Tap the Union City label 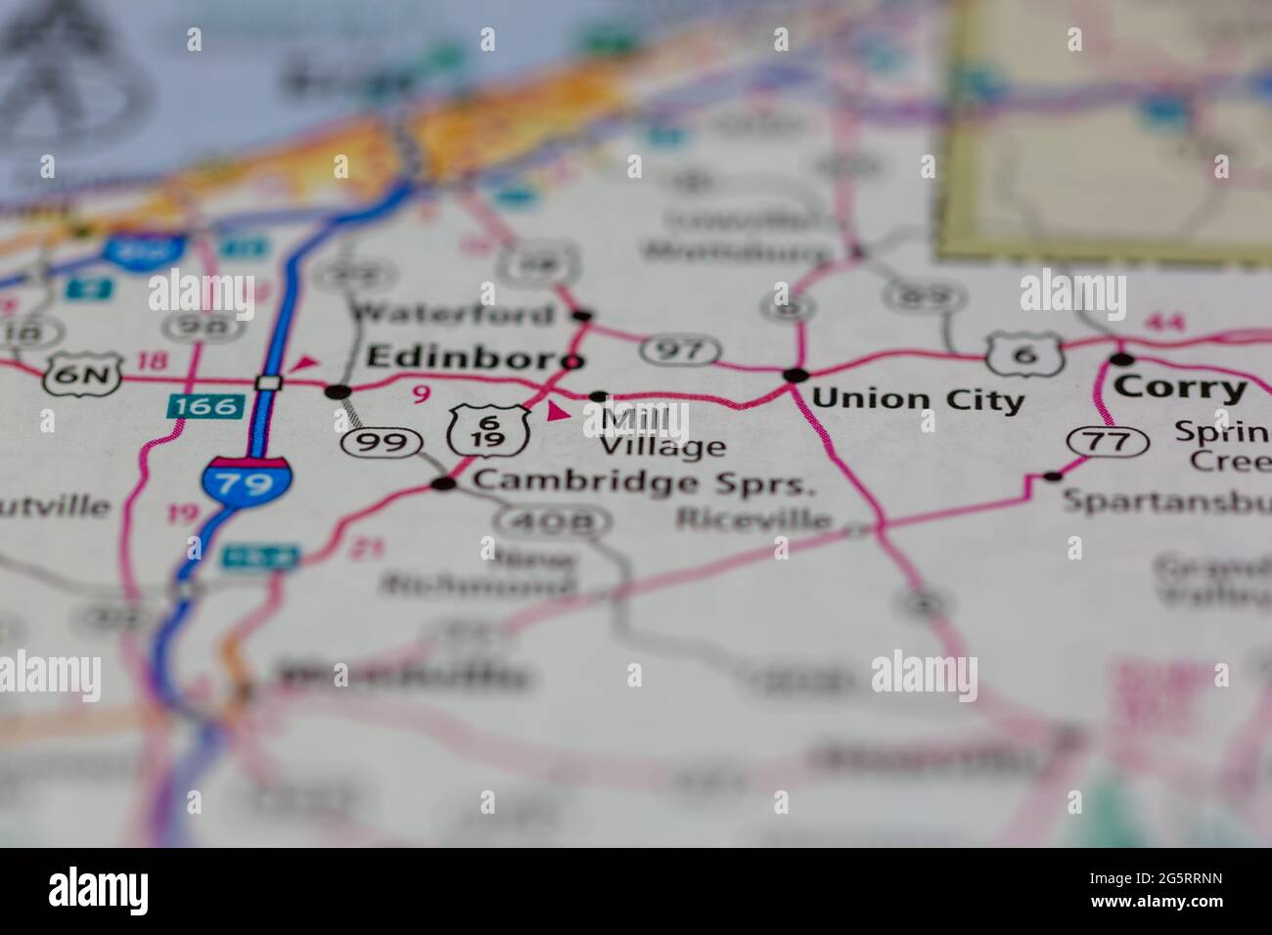[918, 399]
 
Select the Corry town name [1180, 387]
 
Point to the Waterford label [453, 314]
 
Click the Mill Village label [661, 433]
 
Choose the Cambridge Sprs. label [644, 482]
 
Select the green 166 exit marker [205, 405]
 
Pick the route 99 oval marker [374, 443]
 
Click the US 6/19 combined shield [489, 428]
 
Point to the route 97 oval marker [681, 350]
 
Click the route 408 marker [553, 523]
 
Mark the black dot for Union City [795, 375]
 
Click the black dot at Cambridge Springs [444, 483]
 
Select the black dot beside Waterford [583, 315]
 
